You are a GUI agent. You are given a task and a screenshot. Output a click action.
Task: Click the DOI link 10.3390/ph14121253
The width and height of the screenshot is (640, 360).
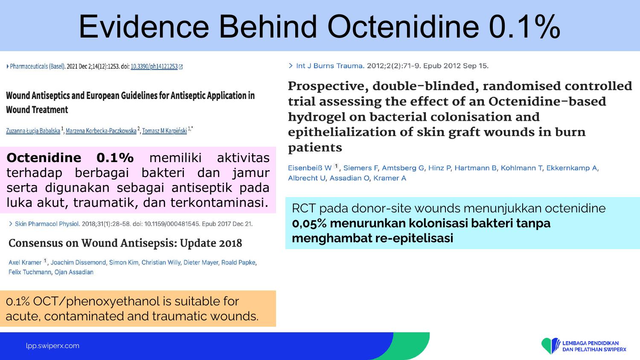coord(154,67)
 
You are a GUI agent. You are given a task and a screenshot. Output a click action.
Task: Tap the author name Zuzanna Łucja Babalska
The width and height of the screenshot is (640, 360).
coord(33,131)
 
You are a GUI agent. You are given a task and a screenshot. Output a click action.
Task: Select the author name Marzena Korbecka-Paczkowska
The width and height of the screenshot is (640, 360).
coord(101,131)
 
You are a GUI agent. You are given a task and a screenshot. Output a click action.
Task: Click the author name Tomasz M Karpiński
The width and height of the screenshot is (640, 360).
coord(165,131)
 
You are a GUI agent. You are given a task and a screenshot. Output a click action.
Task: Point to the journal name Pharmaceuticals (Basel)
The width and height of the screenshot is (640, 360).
coord(38,67)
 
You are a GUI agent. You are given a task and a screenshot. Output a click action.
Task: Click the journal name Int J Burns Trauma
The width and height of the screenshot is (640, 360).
coord(330,66)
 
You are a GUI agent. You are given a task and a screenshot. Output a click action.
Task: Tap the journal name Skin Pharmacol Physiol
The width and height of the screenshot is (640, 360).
coord(47,224)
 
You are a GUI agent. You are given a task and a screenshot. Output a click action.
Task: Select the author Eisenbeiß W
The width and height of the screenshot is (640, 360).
coord(310,168)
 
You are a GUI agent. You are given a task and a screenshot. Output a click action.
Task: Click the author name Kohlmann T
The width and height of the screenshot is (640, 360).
coord(521,168)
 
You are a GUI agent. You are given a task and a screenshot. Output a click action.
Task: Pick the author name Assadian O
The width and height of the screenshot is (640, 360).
coord(349,178)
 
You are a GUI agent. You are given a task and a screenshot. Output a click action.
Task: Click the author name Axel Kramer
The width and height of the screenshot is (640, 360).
coord(25,262)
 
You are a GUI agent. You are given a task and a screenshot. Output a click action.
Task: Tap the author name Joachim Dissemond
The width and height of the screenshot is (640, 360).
coord(78,262)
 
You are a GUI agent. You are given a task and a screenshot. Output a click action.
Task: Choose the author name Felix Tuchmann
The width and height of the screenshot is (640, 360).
coord(30,272)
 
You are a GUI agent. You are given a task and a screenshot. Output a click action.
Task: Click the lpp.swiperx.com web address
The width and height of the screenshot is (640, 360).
coord(52,346)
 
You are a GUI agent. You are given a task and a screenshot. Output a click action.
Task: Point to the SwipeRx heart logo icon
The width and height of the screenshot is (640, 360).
coord(550,346)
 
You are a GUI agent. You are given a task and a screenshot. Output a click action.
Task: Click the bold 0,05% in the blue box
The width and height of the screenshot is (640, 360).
coord(309,224)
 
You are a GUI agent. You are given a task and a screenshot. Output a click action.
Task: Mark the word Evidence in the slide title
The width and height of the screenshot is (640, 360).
coord(144,26)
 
